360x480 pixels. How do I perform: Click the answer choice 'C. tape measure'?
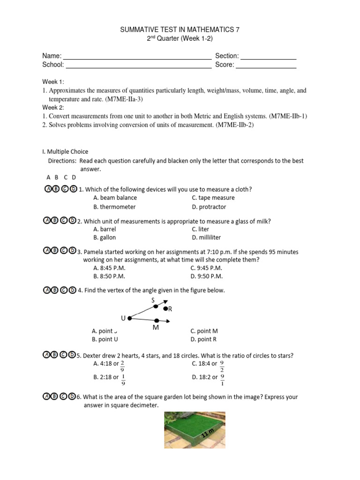coord(213,198)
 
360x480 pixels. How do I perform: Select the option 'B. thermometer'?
coord(114,207)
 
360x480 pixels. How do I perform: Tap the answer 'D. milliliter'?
coord(206,238)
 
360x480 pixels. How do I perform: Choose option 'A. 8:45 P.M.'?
coord(109,268)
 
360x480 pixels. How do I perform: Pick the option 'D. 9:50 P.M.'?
coord(206,277)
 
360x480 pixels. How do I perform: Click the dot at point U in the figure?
coord(130,318)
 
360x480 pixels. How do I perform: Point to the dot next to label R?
coord(165,308)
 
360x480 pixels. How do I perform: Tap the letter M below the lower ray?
coord(156,328)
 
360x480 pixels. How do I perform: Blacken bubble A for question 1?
coord(47,189)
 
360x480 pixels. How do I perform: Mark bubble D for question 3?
coord(72,251)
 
